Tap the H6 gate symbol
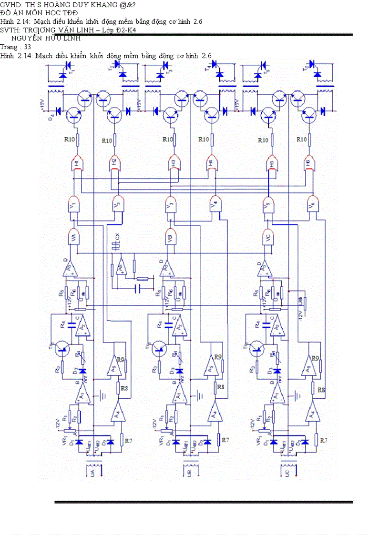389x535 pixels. click(x=310, y=163)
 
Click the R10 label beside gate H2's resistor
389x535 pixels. click(x=107, y=141)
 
